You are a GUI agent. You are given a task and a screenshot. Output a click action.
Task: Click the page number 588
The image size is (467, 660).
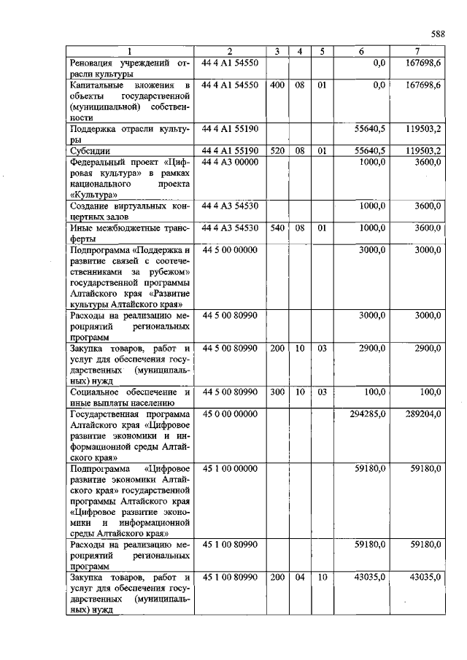pos(437,34)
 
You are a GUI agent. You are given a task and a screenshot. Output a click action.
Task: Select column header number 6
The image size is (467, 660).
pos(362,51)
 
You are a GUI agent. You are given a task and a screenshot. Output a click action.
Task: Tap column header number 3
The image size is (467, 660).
pos(277,51)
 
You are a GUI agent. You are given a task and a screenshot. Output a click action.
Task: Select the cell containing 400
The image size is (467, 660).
pos(277,85)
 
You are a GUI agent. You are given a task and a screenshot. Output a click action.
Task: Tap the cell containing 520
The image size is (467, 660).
pos(277,151)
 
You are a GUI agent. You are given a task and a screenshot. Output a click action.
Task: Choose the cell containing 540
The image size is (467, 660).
pos(277,228)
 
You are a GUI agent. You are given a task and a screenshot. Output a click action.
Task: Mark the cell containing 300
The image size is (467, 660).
pos(277,392)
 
